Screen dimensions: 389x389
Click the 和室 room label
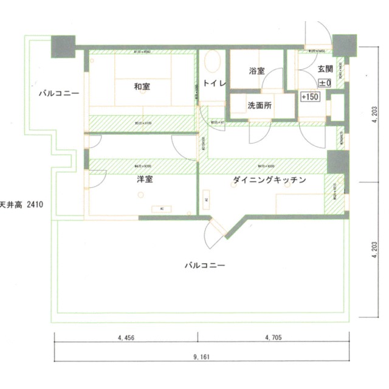(142, 87)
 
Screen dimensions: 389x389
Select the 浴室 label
(256, 71)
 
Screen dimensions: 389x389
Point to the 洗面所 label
(259, 105)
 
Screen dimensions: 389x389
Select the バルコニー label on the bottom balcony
(205, 266)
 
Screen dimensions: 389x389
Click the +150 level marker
(311, 97)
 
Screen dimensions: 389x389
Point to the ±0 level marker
(324, 82)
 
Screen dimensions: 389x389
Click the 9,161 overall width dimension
(202, 357)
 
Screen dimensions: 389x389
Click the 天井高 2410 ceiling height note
(22, 205)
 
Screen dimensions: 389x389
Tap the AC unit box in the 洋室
(162, 208)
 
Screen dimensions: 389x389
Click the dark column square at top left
(63, 46)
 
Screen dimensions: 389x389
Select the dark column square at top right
(343, 45)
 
